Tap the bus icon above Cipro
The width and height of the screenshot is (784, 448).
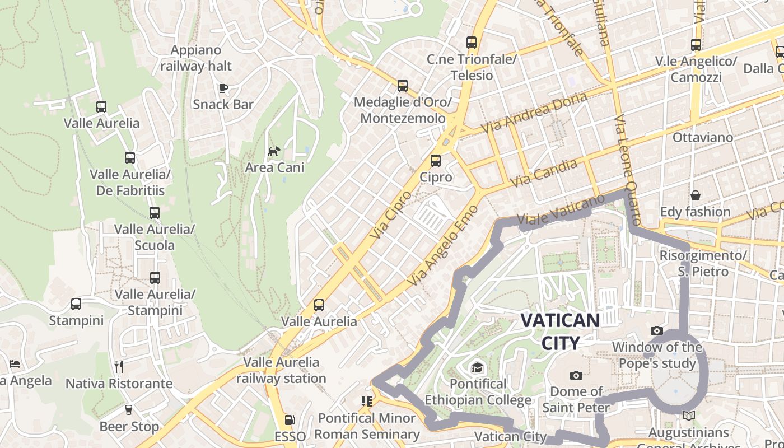pos(436,161)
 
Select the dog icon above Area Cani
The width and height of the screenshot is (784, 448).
pos(274,151)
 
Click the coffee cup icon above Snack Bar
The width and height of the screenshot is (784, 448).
pos(223,88)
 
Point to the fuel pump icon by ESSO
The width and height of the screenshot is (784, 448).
pos(290,419)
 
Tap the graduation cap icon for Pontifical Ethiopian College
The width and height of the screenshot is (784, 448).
pos(477,367)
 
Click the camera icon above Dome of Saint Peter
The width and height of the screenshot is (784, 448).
pos(576,375)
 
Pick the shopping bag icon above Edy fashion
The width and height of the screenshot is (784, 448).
pos(695,195)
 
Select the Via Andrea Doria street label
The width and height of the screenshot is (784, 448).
pos(535,112)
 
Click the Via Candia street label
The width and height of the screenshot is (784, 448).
pos(544,173)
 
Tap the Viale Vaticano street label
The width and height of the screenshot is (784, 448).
pos(561,211)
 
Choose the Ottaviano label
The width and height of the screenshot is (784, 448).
pos(702,137)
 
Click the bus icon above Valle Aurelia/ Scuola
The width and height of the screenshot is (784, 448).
pos(155,213)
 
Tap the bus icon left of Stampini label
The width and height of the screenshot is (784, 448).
pos(76,304)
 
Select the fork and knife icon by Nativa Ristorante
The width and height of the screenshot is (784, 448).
pos(118,367)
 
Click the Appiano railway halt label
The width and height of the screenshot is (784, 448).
pos(196,58)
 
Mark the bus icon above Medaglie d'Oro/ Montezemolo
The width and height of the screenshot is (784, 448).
pos(402,86)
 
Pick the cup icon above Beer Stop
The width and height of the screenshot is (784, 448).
pos(129,410)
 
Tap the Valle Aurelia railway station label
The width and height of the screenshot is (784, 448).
pos(281,370)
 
